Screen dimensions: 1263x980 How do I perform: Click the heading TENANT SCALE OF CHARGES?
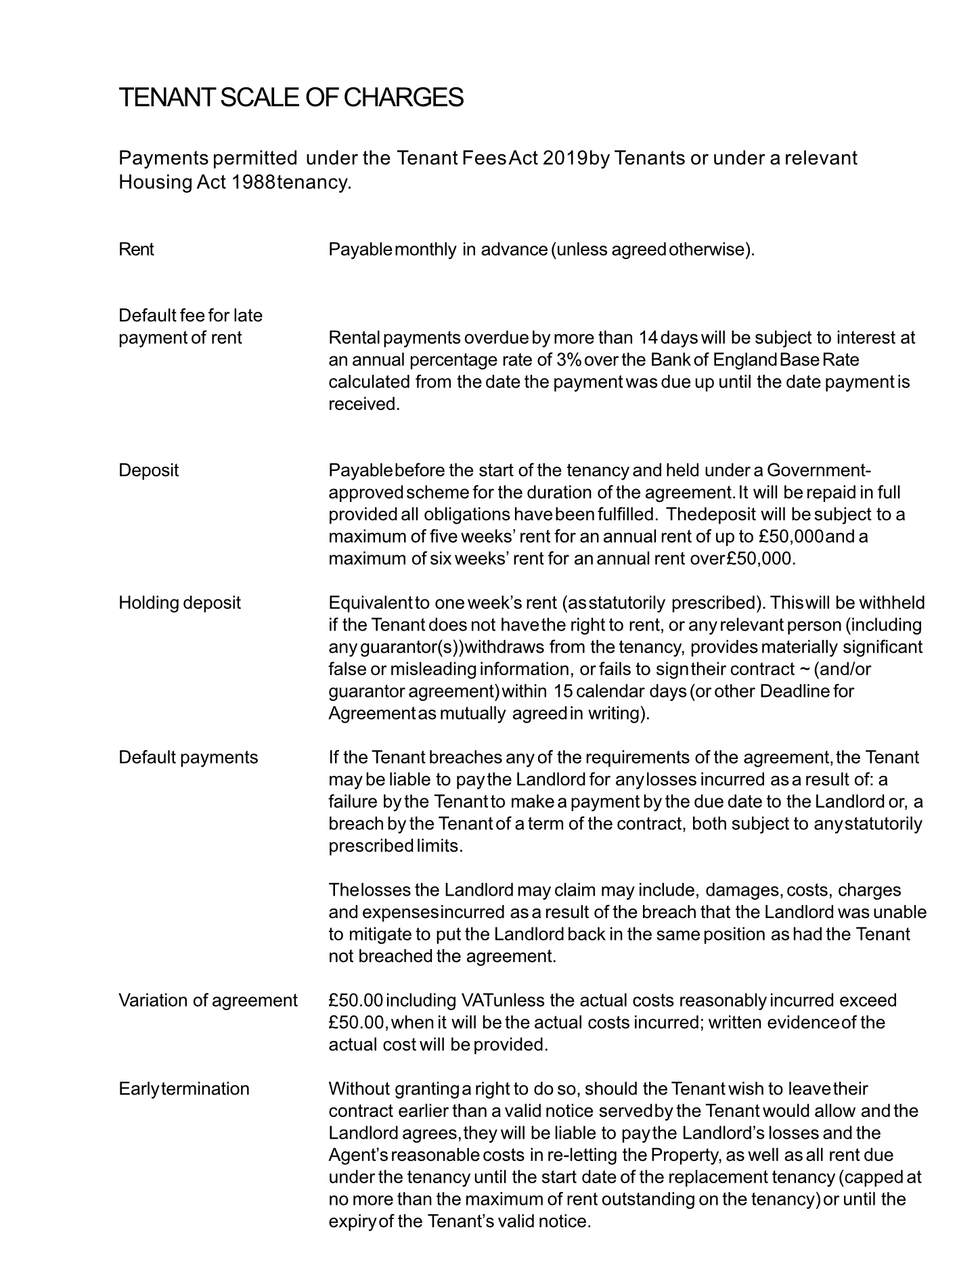coord(291,98)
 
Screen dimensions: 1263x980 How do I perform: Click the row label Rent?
coord(136,250)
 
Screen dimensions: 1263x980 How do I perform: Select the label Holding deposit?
coord(179,603)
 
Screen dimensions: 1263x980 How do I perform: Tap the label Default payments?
coord(188,757)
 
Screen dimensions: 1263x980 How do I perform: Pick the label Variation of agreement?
coord(208,1001)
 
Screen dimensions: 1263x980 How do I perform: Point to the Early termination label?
coord(184,1088)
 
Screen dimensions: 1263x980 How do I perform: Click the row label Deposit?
coord(148,470)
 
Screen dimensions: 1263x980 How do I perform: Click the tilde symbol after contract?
coord(804,669)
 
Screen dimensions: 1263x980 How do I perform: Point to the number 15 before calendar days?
coord(563,691)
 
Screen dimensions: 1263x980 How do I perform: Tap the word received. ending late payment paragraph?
coord(364,404)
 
